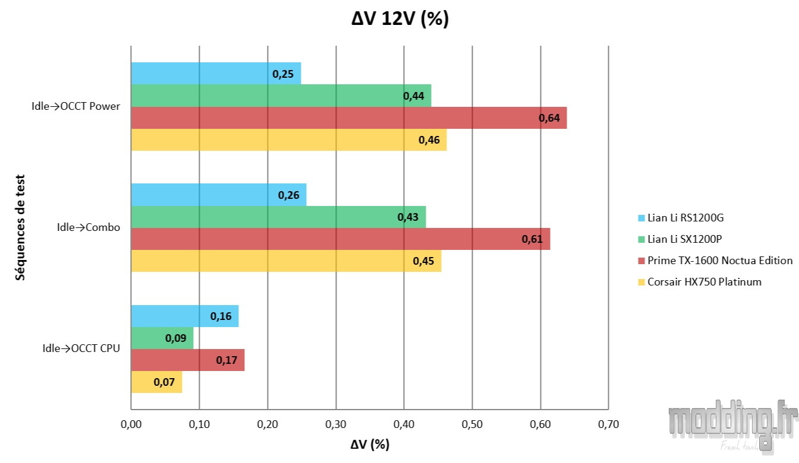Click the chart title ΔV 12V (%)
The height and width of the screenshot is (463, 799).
400,19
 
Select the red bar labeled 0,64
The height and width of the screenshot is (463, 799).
348,118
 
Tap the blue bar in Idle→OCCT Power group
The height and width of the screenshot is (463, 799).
216,74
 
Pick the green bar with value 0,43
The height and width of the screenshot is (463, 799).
278,217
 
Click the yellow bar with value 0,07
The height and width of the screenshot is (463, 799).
156,382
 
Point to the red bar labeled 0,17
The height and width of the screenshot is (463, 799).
187,360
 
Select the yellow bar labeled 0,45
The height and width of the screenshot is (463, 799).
286,261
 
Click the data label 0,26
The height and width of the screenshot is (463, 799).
288,195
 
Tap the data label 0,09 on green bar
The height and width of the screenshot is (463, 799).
175,338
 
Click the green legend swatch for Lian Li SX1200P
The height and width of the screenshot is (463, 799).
641,239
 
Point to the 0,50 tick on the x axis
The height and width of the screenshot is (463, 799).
472,424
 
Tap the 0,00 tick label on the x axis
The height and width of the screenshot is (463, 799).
131,424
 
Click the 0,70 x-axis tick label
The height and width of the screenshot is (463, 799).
608,424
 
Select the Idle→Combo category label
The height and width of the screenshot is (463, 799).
88,227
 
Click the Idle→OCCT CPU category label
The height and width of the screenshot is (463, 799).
81,348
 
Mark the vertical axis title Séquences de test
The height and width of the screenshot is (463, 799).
20,227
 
